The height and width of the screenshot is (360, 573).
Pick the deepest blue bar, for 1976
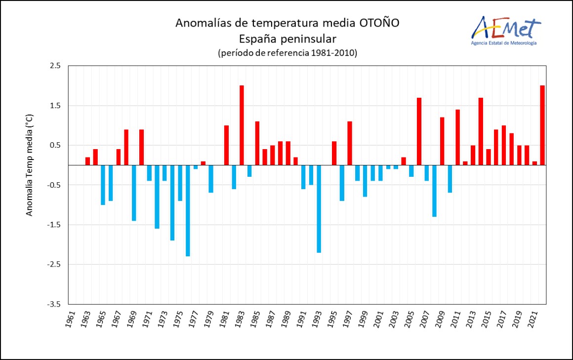pos(188,210)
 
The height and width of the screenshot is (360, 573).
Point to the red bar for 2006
pos(419,131)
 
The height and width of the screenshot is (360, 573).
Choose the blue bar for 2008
pos(435,191)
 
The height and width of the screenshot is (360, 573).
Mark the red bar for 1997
pos(350,143)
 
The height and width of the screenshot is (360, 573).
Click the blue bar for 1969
pos(134,193)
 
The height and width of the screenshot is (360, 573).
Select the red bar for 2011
pos(458,137)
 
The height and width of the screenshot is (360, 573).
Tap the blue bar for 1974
pos(172,202)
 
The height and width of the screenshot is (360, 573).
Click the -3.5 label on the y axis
pos(54,304)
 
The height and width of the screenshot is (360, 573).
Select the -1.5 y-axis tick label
pos(54,225)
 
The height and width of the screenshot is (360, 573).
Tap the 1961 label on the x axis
pos(71,320)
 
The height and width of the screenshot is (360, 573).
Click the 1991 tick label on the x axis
pos(302,320)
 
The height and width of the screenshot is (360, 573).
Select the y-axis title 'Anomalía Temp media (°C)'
pos(30,165)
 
